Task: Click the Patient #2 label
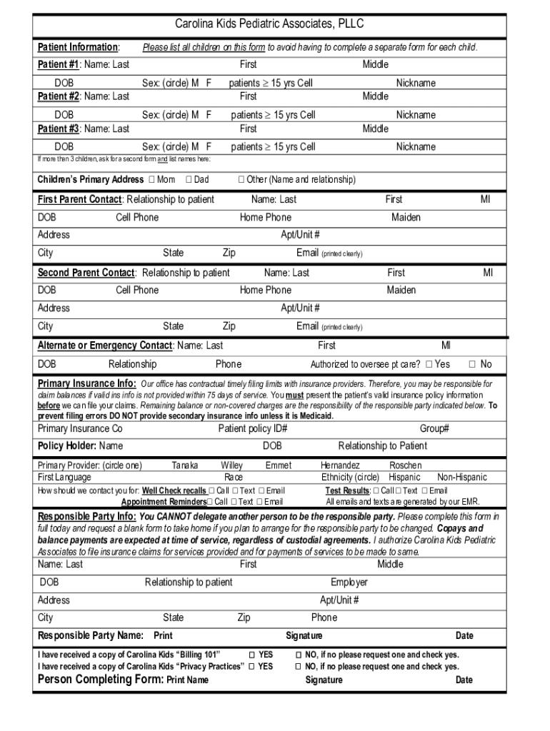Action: tap(59, 96)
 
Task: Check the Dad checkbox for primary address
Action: tap(189, 179)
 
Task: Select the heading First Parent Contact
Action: tap(79, 199)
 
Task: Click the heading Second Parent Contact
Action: tap(86, 273)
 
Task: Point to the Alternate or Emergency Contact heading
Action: tap(105, 346)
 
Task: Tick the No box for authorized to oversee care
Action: tap(471, 364)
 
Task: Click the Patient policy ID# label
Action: tap(253, 428)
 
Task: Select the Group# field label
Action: tap(434, 428)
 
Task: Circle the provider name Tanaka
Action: tap(185, 465)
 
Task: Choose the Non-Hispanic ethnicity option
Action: tap(461, 477)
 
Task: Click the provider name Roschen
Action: tap(405, 465)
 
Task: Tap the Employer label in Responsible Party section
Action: tap(349, 582)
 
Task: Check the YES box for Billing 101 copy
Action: tap(252, 655)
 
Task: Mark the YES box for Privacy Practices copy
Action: tap(252, 667)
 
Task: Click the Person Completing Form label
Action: tap(100, 679)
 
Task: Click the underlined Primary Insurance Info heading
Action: tap(86, 383)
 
